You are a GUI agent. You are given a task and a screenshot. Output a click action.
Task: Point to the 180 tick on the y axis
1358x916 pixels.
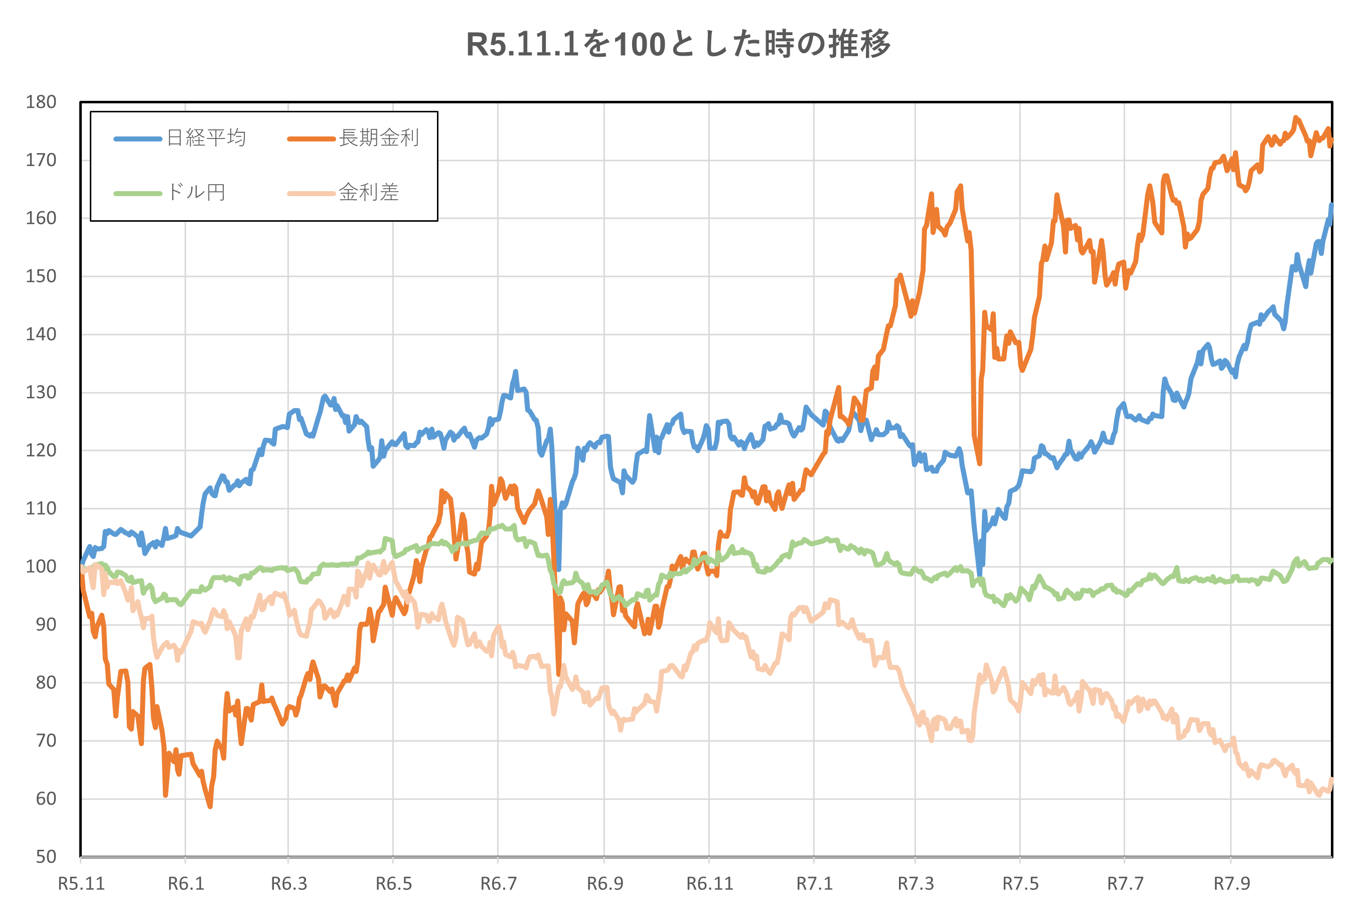click(41, 102)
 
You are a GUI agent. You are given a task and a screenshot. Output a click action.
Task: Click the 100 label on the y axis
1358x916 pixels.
click(41, 567)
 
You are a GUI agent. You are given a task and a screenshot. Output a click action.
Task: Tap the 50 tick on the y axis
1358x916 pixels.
click(46, 857)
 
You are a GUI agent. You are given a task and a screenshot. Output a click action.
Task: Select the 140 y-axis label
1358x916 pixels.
click(41, 334)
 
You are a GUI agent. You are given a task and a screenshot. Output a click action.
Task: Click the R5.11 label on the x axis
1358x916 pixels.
click(81, 884)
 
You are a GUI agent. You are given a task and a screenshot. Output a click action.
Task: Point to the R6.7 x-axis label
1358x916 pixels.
click(498, 884)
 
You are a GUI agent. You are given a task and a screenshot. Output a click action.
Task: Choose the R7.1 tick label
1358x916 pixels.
click(814, 884)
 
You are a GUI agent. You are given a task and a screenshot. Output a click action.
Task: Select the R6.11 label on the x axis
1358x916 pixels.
click(709, 884)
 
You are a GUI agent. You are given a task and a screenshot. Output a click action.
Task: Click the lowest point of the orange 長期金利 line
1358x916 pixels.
click(210, 807)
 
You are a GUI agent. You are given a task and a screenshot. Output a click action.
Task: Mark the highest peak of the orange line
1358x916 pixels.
click(1295, 117)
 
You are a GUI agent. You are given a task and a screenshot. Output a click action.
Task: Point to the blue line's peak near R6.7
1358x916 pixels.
click(516, 372)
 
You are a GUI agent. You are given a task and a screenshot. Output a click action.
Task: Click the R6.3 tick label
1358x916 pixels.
click(288, 884)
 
